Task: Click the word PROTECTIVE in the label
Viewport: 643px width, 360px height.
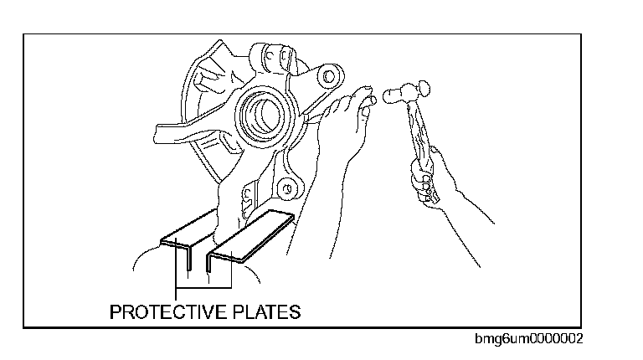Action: click(167, 312)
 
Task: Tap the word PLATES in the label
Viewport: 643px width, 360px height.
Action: click(264, 312)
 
